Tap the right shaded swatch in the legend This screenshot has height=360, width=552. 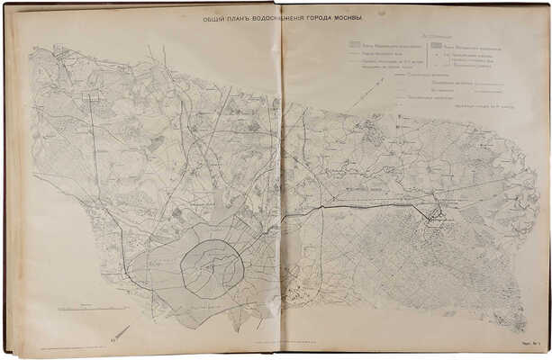click(436, 43)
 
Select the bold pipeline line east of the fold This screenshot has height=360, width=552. click(360, 206)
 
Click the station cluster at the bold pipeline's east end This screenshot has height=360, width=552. click(436, 214)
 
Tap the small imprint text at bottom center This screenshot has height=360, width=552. click(288, 344)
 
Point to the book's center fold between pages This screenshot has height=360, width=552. click(282, 180)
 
